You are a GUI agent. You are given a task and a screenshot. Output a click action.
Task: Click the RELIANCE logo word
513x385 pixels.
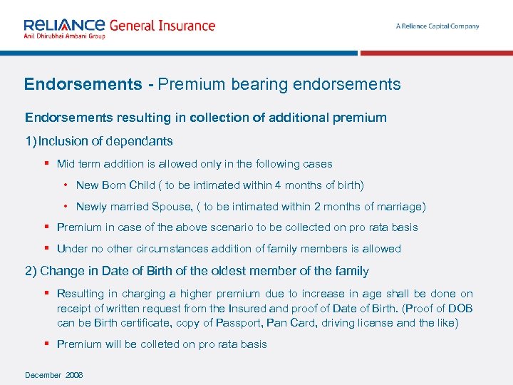coord(64,25)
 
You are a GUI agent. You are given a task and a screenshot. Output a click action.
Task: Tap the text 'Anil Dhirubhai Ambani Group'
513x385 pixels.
coord(64,36)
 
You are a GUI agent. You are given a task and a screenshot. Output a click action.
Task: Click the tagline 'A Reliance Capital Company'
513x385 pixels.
coord(437,26)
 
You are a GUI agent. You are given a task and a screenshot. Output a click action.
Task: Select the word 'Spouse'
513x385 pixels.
coord(171,207)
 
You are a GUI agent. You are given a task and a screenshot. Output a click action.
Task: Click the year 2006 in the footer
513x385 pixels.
coord(73,375)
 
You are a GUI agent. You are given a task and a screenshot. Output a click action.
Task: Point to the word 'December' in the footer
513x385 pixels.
coord(44,375)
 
